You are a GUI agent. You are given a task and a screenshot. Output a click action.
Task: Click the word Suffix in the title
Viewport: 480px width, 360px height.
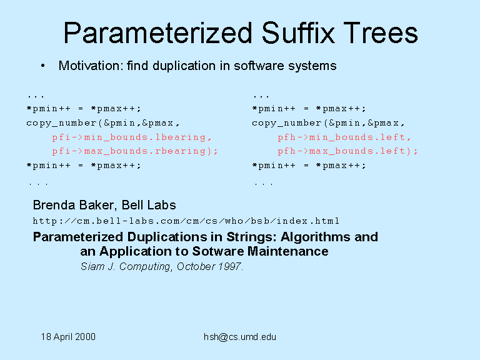tap(299, 32)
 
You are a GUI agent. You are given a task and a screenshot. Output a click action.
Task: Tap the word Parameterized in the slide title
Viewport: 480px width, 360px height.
tap(158, 32)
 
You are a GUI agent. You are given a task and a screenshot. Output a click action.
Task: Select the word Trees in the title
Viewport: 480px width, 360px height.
tap(381, 32)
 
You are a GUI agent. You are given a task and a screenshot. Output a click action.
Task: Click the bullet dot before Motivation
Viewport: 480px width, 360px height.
tap(43, 66)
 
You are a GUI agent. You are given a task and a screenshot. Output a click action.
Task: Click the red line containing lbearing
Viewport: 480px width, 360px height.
tap(132, 137)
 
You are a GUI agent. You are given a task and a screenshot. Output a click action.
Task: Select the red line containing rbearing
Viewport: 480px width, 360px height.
tap(135, 151)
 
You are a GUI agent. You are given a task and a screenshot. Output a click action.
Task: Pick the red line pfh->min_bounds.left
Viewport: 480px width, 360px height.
tap(344, 137)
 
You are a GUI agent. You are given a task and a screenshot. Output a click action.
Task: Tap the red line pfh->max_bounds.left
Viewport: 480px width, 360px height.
tap(347, 151)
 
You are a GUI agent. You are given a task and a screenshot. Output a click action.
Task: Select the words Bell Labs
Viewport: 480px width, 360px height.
tap(149, 205)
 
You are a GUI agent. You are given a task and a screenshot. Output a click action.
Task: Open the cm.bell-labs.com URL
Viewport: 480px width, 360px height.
tap(186, 221)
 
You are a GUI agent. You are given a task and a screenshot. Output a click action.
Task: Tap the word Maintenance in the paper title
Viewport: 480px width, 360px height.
tap(287, 251)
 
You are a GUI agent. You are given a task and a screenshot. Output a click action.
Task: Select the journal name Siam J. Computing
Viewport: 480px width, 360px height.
tap(126, 267)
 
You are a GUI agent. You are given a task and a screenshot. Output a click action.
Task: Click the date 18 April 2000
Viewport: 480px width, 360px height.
tap(68, 337)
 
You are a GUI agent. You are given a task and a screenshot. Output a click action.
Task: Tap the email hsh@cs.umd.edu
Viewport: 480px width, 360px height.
tap(240, 337)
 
